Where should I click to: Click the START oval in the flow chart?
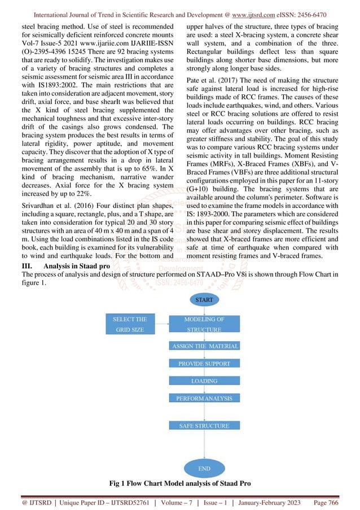click(204, 300)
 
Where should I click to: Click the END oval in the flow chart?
click(204, 468)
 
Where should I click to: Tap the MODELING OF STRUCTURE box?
click(204, 324)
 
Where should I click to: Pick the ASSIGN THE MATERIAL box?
click(204, 346)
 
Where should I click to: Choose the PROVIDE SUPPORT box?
click(204, 364)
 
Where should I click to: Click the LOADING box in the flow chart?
click(204, 381)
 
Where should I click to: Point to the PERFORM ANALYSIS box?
click(204, 399)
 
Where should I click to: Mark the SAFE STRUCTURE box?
click(204, 426)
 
